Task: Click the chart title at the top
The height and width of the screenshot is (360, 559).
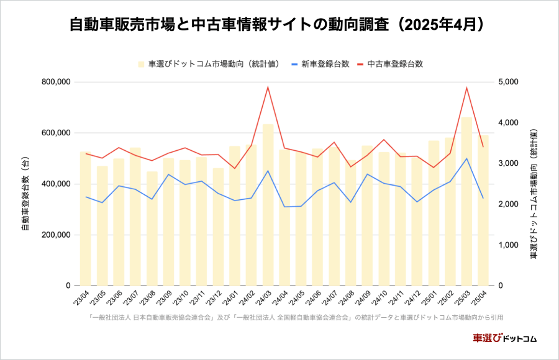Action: point(279,25)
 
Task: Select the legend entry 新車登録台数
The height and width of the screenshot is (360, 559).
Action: point(325,64)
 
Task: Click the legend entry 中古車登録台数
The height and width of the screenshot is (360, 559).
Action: point(395,64)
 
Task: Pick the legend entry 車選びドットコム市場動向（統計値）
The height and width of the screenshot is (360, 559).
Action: point(214,64)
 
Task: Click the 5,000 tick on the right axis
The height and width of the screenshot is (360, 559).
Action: point(507,82)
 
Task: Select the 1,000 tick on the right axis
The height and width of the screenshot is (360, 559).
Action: point(507,245)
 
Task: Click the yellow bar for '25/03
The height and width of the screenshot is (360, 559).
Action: point(466,199)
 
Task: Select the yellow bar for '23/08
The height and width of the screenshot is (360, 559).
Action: point(152,230)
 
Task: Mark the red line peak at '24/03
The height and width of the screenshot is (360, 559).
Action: point(268,87)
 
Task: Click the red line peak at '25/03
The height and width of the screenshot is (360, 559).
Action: point(466,88)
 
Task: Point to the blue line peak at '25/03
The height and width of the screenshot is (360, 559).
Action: point(466,158)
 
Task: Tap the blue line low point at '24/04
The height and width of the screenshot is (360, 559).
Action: point(284,207)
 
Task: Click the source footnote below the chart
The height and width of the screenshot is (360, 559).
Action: point(296,317)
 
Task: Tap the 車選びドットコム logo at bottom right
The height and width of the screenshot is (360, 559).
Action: point(504,338)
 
